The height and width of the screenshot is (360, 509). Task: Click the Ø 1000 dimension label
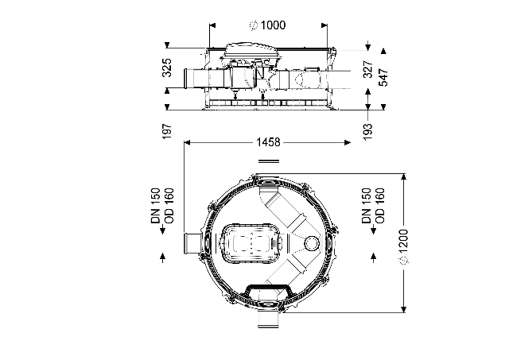pyautogui.click(x=267, y=25)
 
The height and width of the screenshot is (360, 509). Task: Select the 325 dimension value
pyautogui.click(x=167, y=68)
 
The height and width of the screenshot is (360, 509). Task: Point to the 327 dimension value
pyautogui.click(x=367, y=69)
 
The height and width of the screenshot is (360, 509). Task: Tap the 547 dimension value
pyautogui.click(x=383, y=77)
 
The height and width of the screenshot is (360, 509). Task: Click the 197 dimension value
pyautogui.click(x=167, y=131)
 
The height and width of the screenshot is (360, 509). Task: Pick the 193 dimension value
pyautogui.click(x=367, y=132)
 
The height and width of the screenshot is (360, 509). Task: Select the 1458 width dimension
pyautogui.click(x=268, y=142)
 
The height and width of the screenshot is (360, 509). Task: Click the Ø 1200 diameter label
pyautogui.click(x=403, y=246)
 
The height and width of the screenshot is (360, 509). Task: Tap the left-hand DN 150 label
pyautogui.click(x=156, y=206)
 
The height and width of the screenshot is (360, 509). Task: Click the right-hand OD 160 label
pyautogui.click(x=380, y=206)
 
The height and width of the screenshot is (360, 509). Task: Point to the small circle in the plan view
pyautogui.click(x=313, y=242)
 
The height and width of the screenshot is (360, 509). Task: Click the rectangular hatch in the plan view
pyautogui.click(x=251, y=242)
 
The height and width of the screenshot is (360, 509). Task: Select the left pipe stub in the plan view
pyautogui.click(x=192, y=243)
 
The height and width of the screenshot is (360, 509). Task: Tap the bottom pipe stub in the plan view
pyautogui.click(x=268, y=319)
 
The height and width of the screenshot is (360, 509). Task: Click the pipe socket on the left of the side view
pyautogui.click(x=188, y=78)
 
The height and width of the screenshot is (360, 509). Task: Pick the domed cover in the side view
pyautogui.click(x=251, y=51)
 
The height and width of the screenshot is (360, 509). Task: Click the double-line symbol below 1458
pyautogui.click(x=269, y=161)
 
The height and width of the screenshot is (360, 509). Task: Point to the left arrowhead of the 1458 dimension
pyautogui.click(x=188, y=142)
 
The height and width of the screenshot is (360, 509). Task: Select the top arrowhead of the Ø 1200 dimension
pyautogui.click(x=403, y=176)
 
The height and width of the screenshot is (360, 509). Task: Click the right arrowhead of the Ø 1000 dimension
pyautogui.click(x=324, y=25)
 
